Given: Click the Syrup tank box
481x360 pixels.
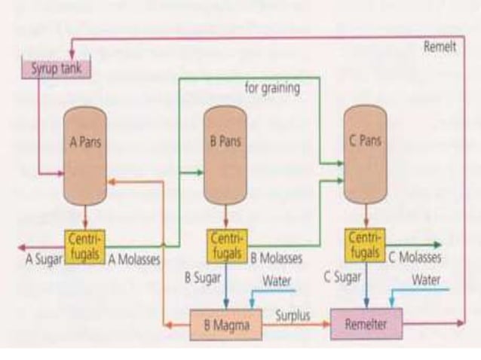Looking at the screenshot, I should [55, 69].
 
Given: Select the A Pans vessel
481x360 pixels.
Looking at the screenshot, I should [84, 154].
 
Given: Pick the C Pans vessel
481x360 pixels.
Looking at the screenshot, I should [365, 154].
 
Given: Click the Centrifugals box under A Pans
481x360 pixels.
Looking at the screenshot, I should [84, 246].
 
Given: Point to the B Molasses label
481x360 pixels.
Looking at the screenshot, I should [276, 258].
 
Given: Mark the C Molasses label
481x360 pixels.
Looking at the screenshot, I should [415, 258].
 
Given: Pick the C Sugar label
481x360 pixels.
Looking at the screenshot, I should [342, 277].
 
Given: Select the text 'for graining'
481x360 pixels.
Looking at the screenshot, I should [272, 88].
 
